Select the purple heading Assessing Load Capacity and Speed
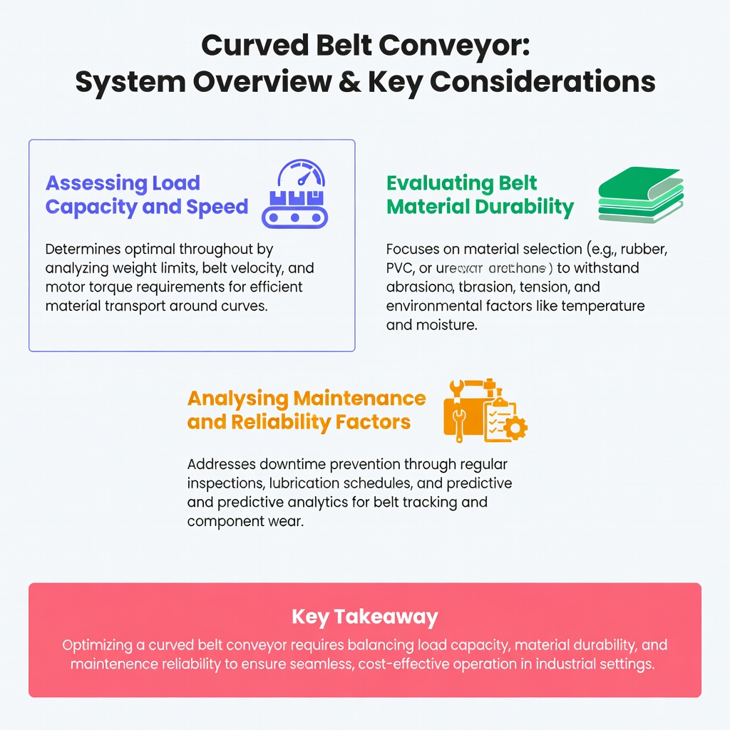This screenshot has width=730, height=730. click(146, 195)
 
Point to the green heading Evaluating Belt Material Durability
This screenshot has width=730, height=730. click(479, 195)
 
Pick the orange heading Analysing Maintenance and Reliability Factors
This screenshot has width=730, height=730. click(306, 409)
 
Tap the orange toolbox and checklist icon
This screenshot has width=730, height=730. click(485, 410)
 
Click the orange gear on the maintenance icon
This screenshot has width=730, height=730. click(516, 428)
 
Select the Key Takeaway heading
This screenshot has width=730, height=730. click(364, 616)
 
